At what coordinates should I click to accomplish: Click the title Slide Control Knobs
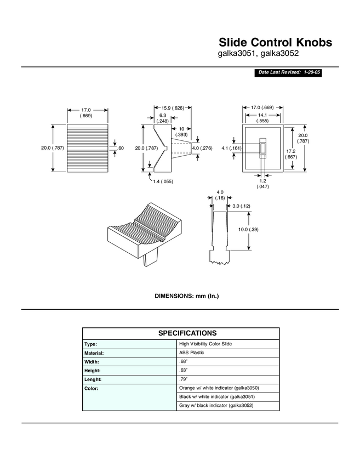275,42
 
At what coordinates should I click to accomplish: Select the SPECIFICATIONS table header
180,333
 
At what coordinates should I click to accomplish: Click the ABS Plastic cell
191,353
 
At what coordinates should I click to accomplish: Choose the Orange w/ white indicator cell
219,388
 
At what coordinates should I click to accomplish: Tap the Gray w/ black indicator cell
216,405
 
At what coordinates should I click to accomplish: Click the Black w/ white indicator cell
217,396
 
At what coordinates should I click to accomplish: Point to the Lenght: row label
94,379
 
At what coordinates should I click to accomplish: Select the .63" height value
184,370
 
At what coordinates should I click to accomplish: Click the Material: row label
95,353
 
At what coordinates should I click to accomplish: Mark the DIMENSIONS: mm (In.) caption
187,296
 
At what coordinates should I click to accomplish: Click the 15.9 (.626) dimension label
173,108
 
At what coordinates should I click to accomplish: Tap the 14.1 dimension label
262,115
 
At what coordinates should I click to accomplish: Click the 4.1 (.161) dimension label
232,148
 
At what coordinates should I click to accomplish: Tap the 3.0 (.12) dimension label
241,206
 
